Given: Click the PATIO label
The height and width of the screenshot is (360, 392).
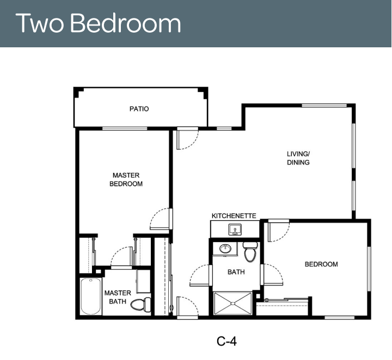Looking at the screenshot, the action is [x=139, y=109].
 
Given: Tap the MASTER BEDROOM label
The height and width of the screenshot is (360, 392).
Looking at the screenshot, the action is [x=126, y=179].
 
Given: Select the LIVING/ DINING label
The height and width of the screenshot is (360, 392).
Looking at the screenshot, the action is [x=298, y=158].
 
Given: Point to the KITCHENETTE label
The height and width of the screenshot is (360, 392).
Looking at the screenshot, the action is [x=234, y=216].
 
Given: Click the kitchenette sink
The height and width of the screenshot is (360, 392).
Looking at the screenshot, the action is [x=235, y=229].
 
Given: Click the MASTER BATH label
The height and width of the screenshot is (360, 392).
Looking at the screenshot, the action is [x=118, y=297].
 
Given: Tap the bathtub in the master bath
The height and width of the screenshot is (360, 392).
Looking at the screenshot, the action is [x=91, y=296].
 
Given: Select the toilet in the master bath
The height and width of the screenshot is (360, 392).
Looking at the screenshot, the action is [x=141, y=304].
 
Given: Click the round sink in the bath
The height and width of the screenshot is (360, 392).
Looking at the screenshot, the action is [x=225, y=249].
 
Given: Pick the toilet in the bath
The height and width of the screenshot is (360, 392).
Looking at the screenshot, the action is [x=250, y=252].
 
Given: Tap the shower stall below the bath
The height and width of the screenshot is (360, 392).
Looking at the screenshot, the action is [x=233, y=303].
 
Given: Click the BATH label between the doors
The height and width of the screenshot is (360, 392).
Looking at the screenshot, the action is [x=236, y=272].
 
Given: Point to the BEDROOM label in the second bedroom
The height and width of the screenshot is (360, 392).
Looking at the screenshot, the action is [x=321, y=264].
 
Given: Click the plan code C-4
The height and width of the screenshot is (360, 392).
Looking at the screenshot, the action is [x=226, y=342].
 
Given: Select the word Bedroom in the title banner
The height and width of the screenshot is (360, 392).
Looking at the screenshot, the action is [x=126, y=23].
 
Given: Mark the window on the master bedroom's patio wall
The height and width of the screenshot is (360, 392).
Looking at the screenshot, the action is [x=125, y=128].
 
